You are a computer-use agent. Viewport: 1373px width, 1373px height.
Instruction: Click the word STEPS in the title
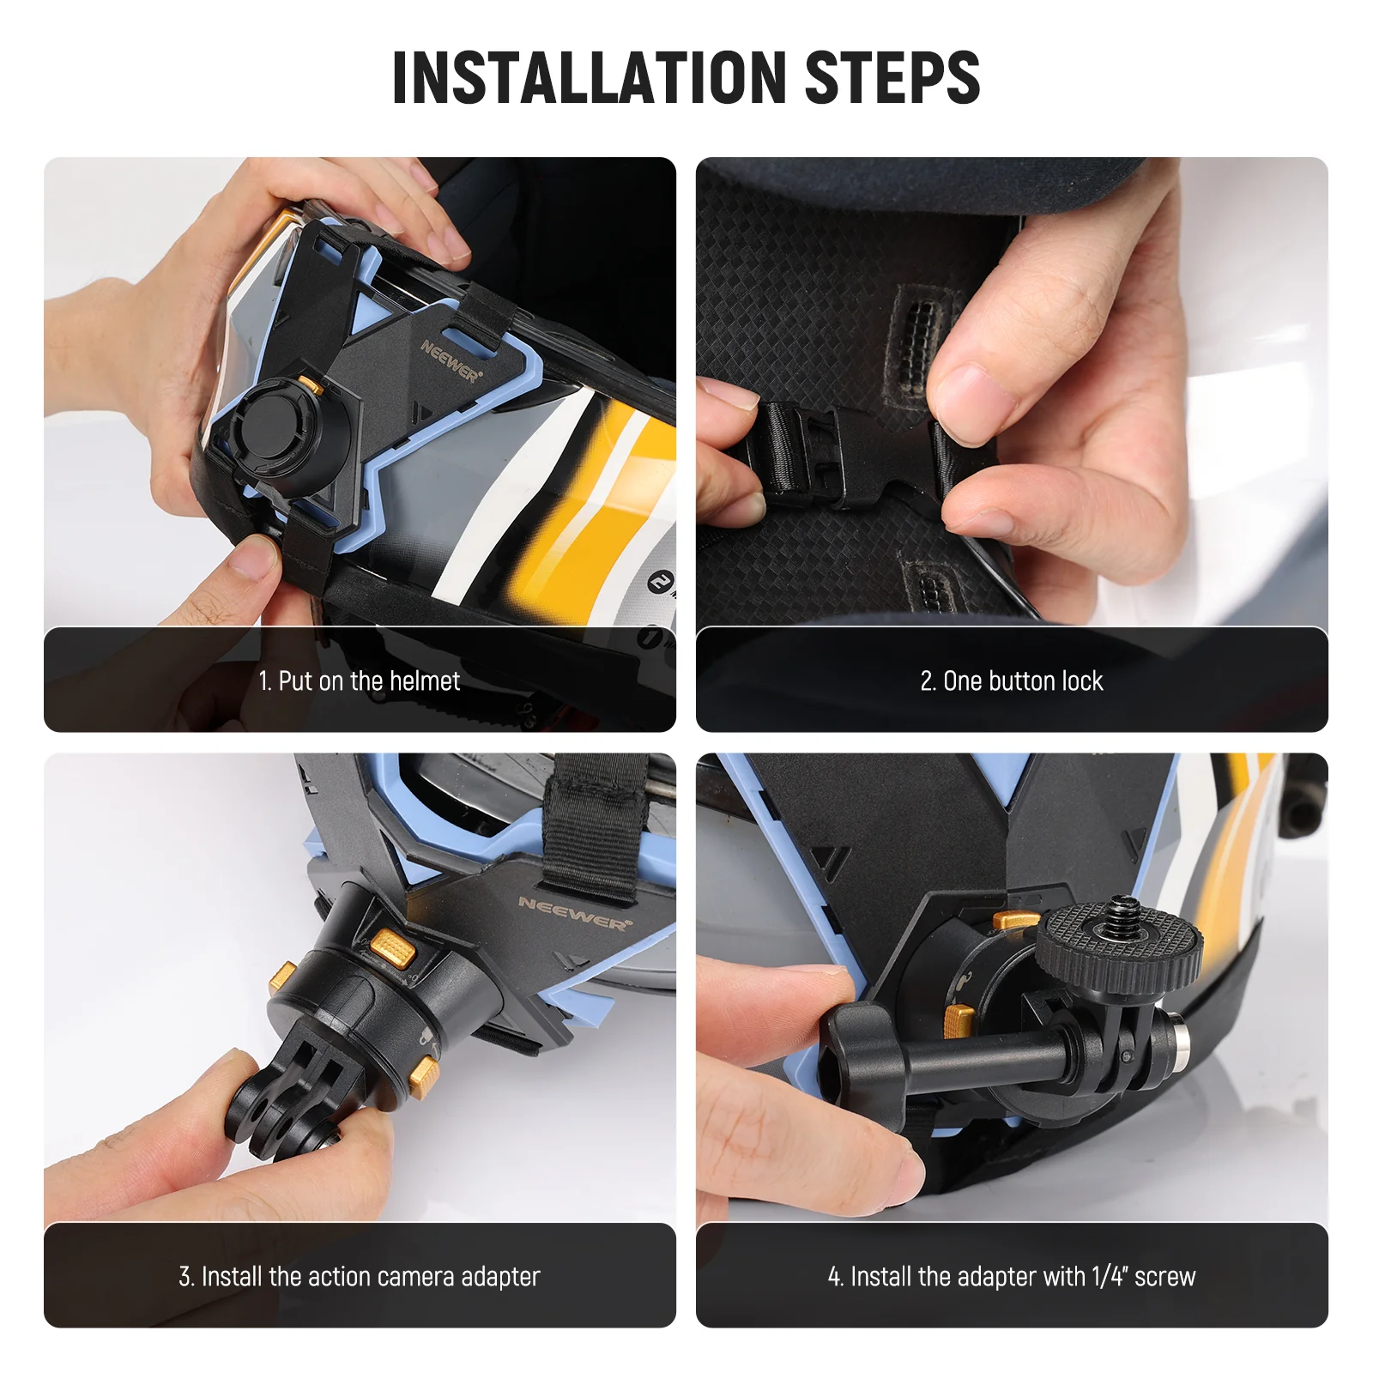tap(892, 78)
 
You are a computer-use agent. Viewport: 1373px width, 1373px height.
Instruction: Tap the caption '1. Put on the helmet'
tap(360, 681)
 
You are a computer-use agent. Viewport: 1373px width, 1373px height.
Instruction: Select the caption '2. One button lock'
tap(1012, 681)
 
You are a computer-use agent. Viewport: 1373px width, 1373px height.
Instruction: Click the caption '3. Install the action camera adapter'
tap(360, 1277)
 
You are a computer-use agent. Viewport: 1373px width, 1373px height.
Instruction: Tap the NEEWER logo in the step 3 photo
tap(574, 913)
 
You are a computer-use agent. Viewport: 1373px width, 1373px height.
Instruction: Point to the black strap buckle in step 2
tap(802, 451)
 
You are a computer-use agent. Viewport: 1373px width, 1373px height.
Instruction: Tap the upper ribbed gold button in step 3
tap(392, 947)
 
